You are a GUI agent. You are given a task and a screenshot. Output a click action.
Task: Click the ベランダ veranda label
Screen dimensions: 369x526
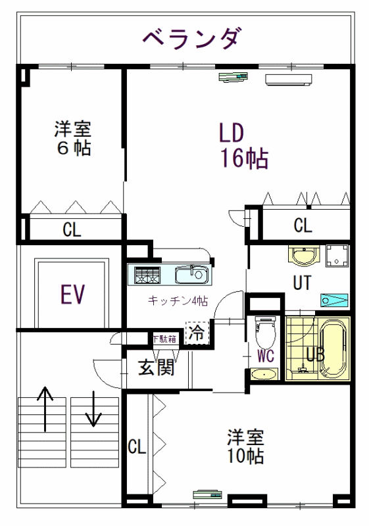click(192, 38)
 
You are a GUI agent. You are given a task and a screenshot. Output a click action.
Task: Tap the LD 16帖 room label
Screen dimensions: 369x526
click(243, 145)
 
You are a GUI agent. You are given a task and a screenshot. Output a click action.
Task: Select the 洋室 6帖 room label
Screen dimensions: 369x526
click(73, 138)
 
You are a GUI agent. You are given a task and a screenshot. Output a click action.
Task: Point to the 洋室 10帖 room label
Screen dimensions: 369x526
click(245, 446)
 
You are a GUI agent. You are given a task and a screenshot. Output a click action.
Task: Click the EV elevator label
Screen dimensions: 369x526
click(73, 294)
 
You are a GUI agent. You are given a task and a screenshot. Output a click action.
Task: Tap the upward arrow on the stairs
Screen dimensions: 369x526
click(45, 408)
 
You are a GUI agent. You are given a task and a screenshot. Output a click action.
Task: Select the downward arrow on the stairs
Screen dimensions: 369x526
click(93, 408)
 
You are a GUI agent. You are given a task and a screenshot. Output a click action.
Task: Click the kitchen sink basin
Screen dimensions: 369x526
click(193, 274)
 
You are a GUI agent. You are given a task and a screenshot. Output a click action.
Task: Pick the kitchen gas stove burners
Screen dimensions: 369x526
click(147, 275)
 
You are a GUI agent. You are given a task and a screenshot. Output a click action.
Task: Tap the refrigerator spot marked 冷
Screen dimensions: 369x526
click(197, 333)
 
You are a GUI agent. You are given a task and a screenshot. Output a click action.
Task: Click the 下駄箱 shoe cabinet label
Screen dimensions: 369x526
click(164, 339)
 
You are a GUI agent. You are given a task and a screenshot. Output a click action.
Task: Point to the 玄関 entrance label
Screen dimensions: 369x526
click(157, 368)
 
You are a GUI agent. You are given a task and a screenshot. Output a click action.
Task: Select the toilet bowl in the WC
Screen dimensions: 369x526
click(266, 332)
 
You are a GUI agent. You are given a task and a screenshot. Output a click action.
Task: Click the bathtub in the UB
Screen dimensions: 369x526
click(333, 349)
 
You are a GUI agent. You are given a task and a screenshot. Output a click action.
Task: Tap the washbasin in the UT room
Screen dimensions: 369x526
click(304, 256)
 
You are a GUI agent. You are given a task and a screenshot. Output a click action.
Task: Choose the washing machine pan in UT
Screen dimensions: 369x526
click(337, 256)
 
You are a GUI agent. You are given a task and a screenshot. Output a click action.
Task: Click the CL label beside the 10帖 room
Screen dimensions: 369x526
click(137, 446)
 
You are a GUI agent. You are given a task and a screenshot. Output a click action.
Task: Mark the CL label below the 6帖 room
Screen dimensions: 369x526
click(72, 229)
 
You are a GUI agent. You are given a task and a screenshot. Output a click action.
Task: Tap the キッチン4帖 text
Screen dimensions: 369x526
click(178, 300)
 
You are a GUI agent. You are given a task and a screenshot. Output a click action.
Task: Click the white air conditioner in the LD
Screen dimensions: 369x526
click(289, 80)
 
